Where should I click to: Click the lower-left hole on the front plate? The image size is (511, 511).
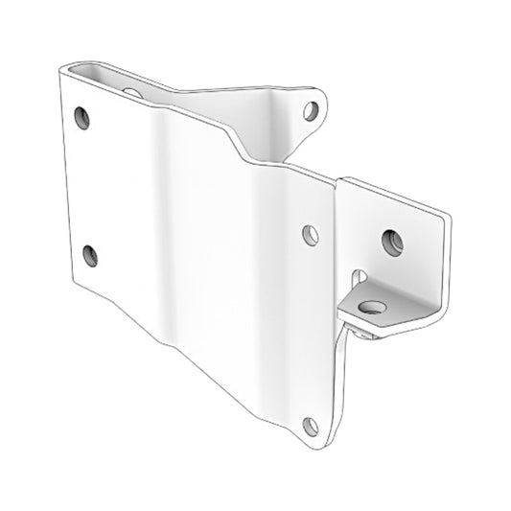pos(90,254)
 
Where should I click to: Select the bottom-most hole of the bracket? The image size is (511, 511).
pos(310,425)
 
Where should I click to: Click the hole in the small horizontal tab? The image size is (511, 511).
pos(370,308)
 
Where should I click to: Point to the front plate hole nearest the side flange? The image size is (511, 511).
pos(310,233)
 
